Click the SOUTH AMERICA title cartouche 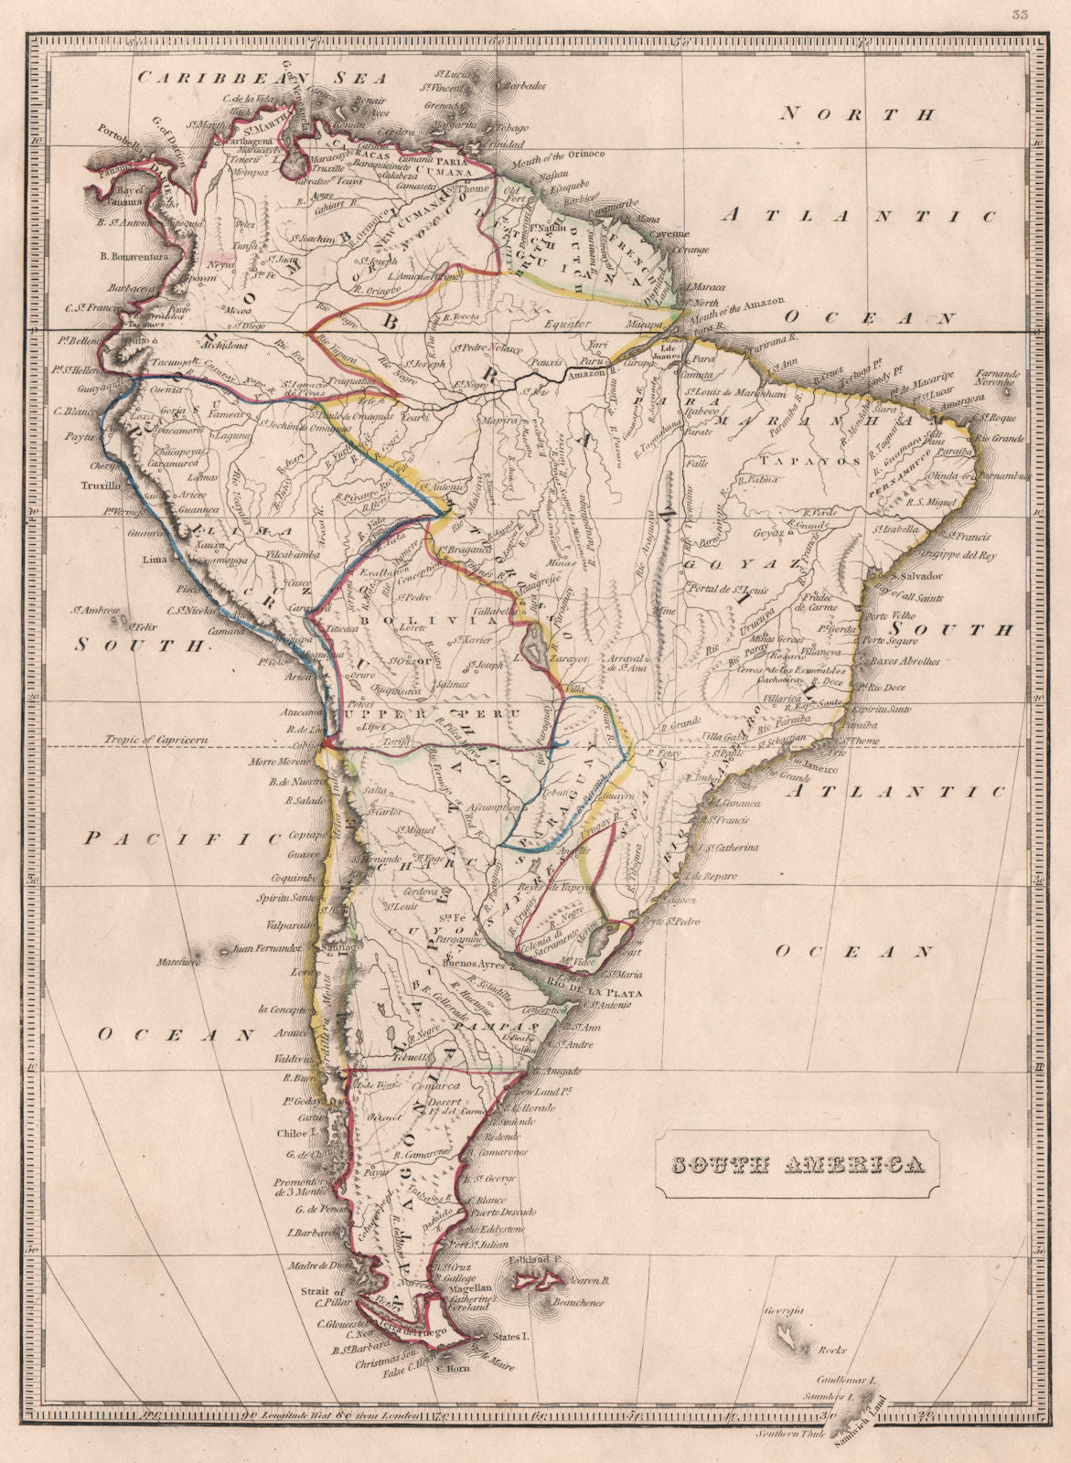click(x=797, y=1165)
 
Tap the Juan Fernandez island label click(x=268, y=948)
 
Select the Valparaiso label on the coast click(x=287, y=924)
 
